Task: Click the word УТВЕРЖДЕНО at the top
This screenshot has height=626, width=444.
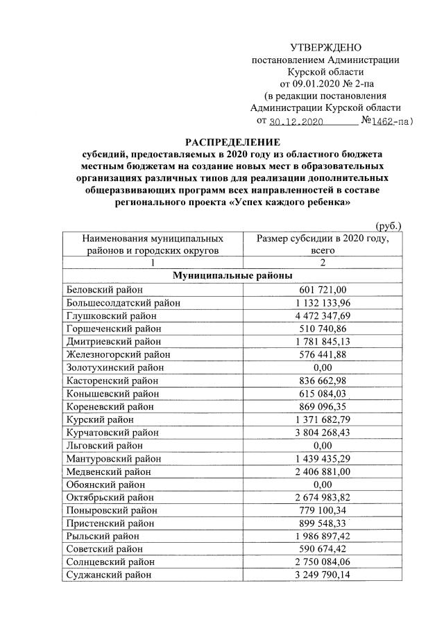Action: (326, 47)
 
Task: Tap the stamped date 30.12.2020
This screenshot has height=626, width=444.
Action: (296, 121)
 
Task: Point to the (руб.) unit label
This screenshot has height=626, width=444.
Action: (388, 225)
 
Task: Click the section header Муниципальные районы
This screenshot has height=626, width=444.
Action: (232, 275)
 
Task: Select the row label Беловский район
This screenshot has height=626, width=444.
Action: (104, 289)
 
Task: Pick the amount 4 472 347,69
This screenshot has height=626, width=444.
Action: (323, 315)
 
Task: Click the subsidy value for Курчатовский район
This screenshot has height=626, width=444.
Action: (323, 433)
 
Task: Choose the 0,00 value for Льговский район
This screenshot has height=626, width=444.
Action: (323, 446)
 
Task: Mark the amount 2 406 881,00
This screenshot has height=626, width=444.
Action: (323, 471)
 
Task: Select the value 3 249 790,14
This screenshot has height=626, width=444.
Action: (323, 575)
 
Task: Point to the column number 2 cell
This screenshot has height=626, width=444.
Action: (323, 263)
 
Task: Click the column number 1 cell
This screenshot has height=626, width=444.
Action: (153, 263)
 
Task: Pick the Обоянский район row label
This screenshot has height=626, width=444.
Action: (105, 485)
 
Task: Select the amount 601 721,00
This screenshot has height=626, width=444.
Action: (323, 289)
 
